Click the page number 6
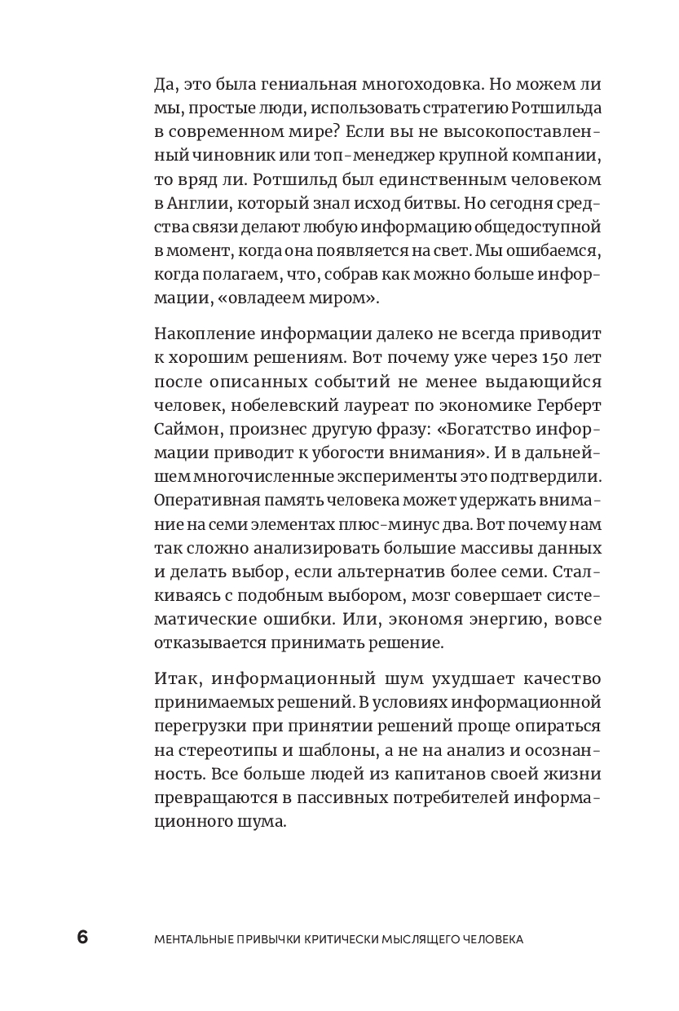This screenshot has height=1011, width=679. [82, 938]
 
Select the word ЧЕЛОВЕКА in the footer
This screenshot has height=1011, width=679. [492, 939]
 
